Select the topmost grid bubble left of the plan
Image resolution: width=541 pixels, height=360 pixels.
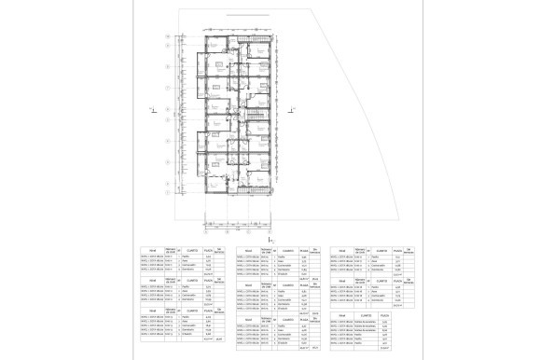pos(166,37)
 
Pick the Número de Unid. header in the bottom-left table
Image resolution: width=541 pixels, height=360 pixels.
pos(171,319)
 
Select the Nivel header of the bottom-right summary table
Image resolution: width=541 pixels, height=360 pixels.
pos(344,316)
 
